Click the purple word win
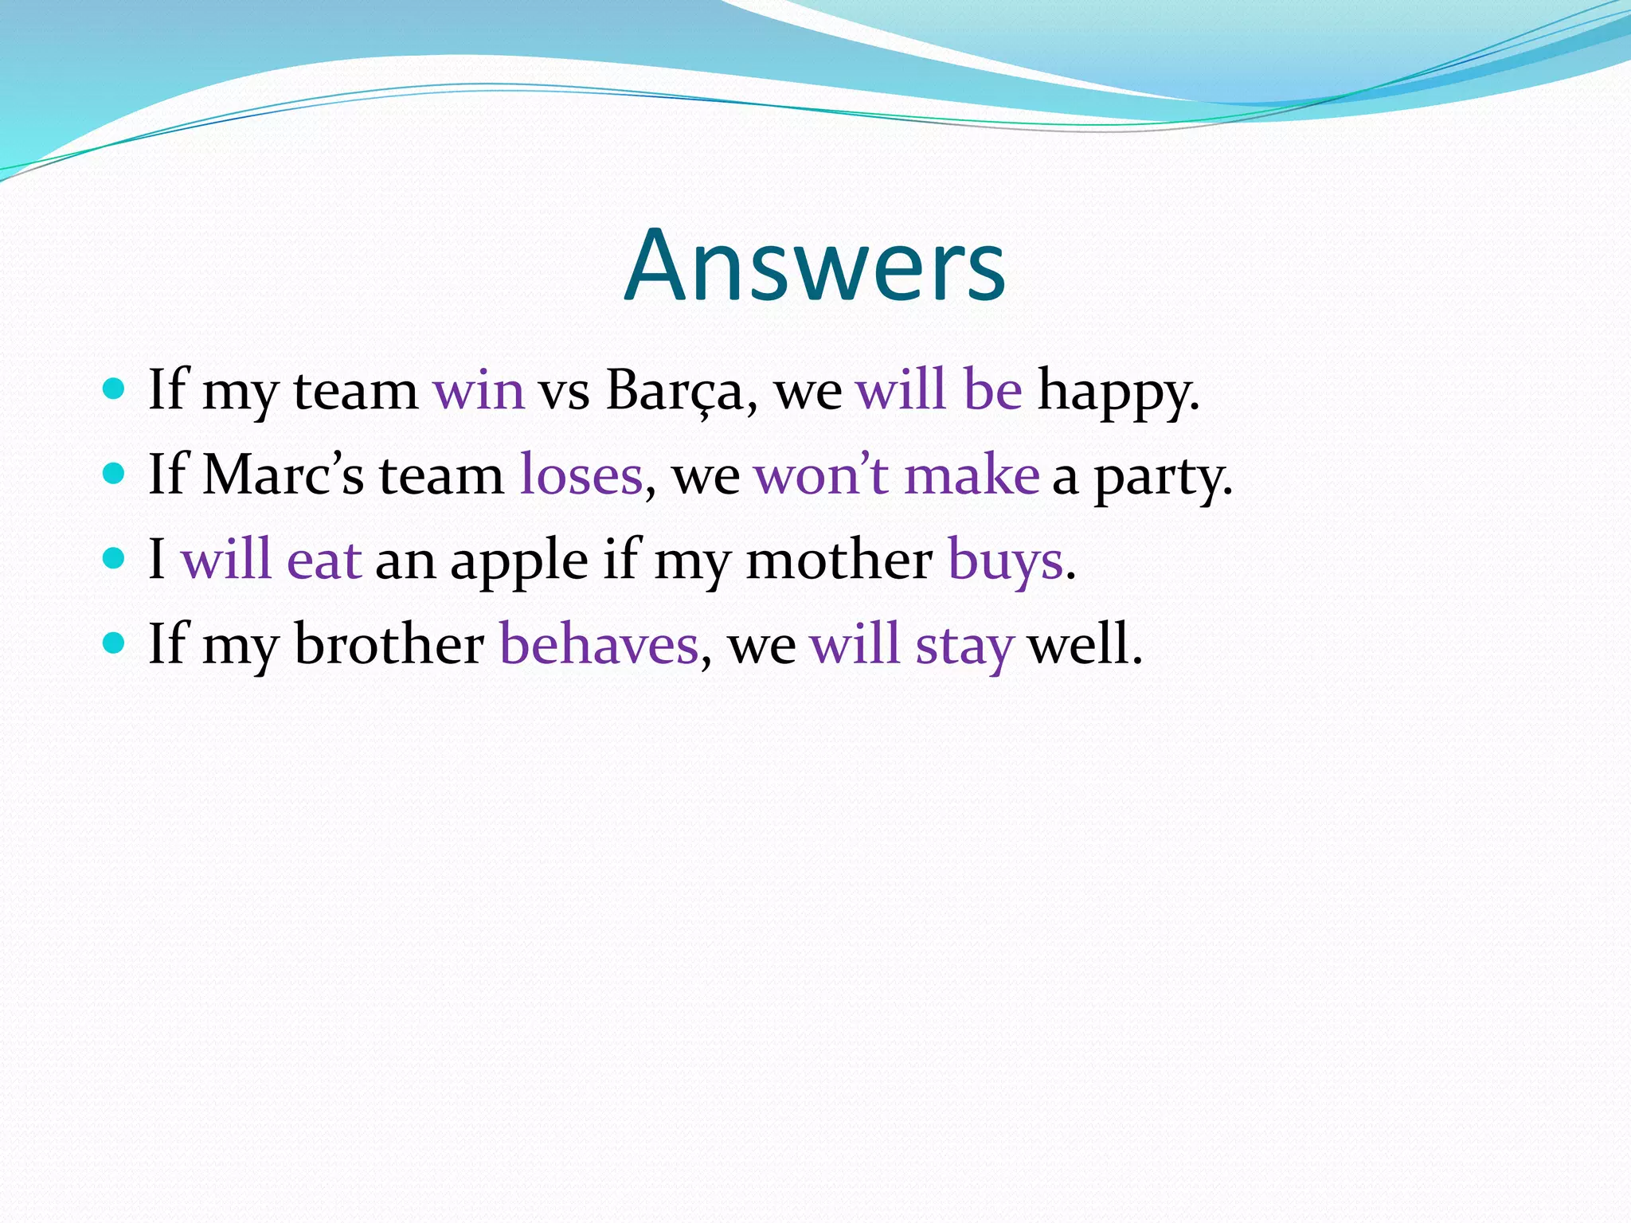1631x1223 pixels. coord(479,391)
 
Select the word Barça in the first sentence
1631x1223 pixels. coord(674,391)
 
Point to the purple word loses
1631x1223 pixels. coord(581,476)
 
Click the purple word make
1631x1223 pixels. coord(972,475)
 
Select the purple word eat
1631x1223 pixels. coord(324,560)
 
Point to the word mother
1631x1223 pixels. coord(839,560)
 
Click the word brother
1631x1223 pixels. coord(389,644)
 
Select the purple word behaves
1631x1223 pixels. coord(599,644)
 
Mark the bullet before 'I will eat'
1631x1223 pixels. coord(115,558)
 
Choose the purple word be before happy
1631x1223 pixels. coord(992,390)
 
